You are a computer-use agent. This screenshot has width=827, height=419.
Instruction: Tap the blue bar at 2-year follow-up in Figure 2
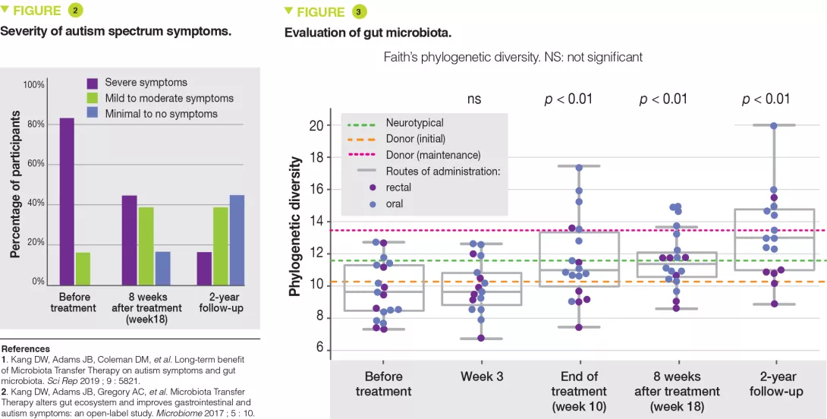coord(237,239)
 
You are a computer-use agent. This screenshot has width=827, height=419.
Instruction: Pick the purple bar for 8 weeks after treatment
coord(130,239)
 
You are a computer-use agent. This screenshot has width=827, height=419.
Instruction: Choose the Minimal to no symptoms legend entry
coord(161,114)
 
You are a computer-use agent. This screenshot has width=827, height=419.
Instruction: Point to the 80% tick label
coord(35,124)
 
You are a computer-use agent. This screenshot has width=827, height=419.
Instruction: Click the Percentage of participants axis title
coord(15,187)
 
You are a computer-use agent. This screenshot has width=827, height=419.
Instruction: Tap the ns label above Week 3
coord(474,99)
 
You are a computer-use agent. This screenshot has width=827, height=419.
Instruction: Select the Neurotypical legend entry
coord(414,123)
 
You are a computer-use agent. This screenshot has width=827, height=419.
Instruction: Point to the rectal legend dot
coord(373,187)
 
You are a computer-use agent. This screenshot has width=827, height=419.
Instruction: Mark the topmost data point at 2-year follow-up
coord(774,126)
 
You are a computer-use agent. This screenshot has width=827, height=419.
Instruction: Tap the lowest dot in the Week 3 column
coord(480,339)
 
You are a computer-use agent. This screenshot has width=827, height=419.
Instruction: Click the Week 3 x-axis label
coord(483,376)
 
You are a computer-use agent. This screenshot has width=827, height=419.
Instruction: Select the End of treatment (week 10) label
coord(580,392)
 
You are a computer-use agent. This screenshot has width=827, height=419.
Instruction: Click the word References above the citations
coord(26,348)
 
